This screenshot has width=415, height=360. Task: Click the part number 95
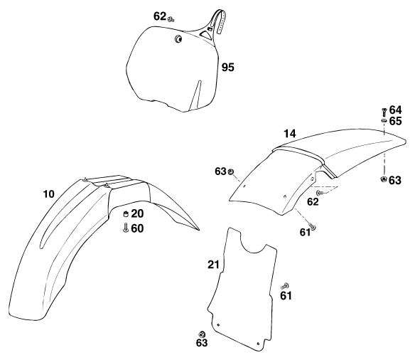point(228,68)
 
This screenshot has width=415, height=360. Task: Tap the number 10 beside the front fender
point(49,194)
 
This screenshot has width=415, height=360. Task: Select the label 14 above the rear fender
point(289,134)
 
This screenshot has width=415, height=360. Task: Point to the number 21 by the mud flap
point(214,265)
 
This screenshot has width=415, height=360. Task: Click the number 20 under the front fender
point(137,213)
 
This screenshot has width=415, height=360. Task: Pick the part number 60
point(137,228)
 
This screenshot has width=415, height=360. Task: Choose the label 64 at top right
point(395,110)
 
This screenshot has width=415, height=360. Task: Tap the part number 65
point(395,121)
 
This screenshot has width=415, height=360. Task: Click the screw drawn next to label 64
point(384,112)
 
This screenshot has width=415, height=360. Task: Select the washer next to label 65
point(384,120)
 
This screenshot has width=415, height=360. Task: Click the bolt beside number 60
point(126,228)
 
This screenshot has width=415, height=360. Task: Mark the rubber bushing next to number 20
point(126,213)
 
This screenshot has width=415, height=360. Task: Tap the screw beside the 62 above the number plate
point(171,18)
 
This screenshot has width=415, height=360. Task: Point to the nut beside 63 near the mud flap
point(202,334)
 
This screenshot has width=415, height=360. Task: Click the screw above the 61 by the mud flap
point(285,286)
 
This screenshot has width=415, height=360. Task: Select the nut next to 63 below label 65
point(383,179)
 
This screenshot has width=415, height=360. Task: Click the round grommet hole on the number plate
point(178,39)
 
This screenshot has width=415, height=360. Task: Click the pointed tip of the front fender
point(199,230)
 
